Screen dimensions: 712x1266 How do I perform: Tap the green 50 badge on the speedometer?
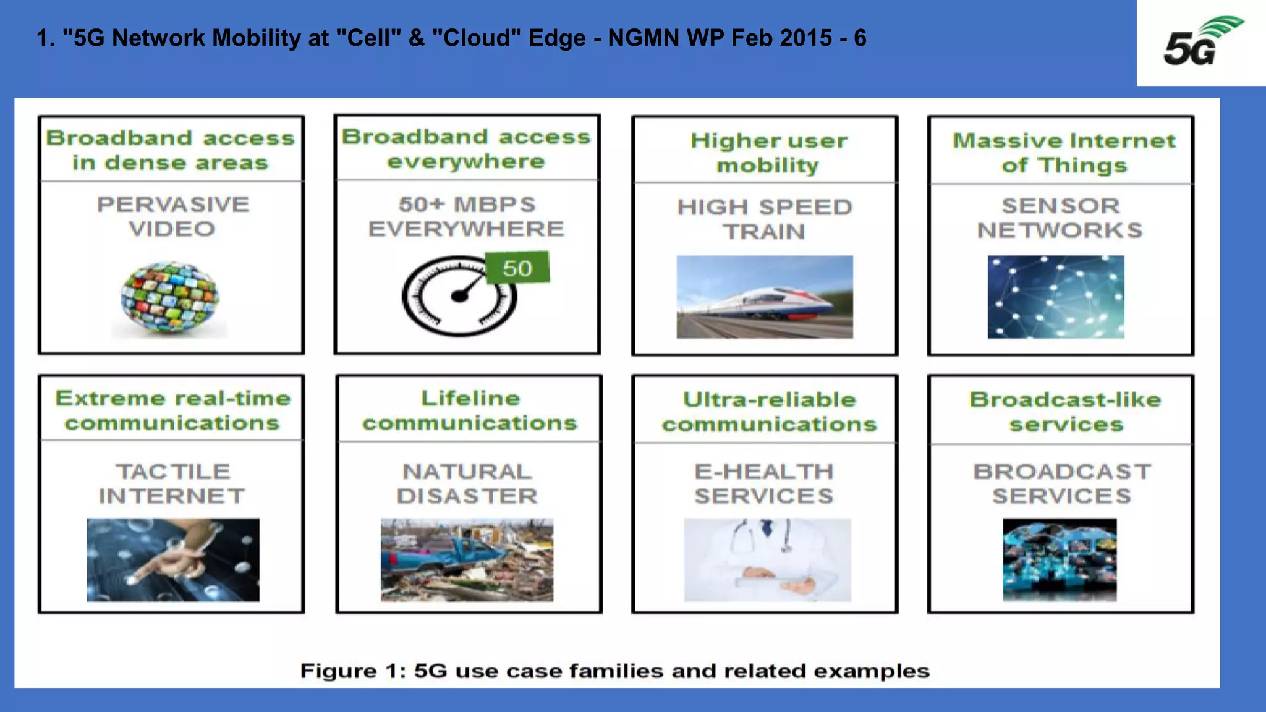[x=517, y=268]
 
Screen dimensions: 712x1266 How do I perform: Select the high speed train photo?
[x=765, y=297]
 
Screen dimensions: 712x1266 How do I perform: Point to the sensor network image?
[x=1056, y=297]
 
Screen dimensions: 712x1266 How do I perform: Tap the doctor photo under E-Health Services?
[x=767, y=559]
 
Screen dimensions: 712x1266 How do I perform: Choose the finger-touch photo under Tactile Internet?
[x=173, y=559]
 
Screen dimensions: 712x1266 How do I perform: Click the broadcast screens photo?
[x=1060, y=559]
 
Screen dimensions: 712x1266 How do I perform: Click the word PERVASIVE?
[x=173, y=205]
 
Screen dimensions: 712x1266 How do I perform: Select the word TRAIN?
[x=764, y=232]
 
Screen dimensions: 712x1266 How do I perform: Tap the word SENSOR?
[x=1060, y=205]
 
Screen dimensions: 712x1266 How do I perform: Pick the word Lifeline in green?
[x=470, y=399]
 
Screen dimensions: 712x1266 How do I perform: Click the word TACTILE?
[x=173, y=472]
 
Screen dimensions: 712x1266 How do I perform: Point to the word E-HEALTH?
[x=764, y=472]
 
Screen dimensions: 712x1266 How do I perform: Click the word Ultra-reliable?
[x=769, y=400]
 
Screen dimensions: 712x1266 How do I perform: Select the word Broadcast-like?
[x=1064, y=400]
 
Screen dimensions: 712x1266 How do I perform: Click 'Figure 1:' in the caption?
[x=353, y=671]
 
